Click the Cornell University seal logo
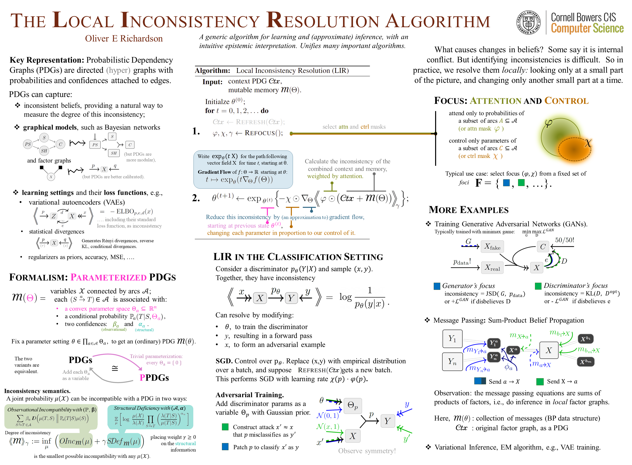pos(528,22)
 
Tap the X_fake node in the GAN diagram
pos(492,247)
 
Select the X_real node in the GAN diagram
pos(492,268)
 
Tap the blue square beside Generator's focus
pos(437,286)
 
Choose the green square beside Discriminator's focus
pos(538,286)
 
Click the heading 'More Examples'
pos(469,210)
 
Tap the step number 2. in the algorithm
pos(196,198)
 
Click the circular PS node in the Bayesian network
pos(28,144)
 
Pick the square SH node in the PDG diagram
pos(114,153)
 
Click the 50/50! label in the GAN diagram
pos(564,240)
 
